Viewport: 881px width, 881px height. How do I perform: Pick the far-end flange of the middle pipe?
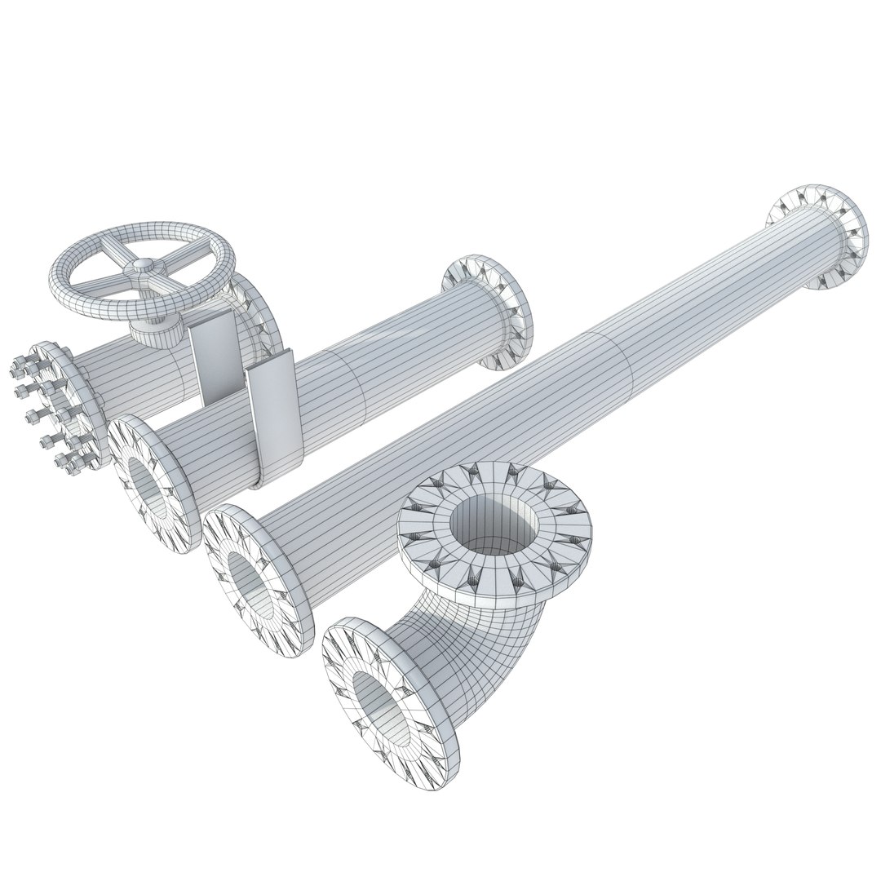[x=488, y=314]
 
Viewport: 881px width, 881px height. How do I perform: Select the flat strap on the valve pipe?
[x=210, y=359]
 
